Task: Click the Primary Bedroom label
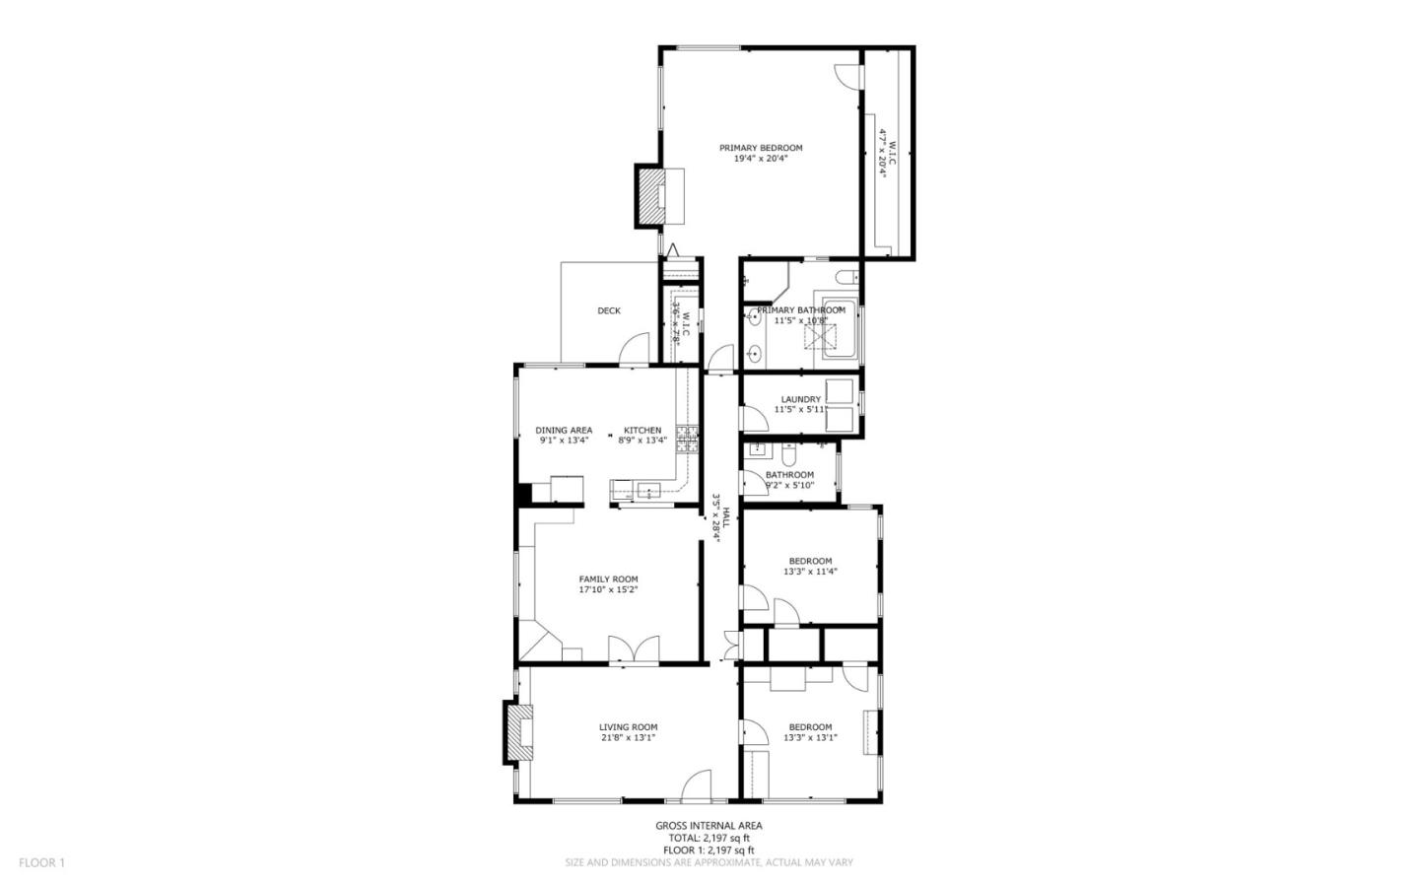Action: [x=760, y=148]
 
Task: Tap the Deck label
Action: [x=609, y=311]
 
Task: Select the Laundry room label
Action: [x=800, y=399]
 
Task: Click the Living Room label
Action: [x=628, y=727]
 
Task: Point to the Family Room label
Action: [x=608, y=579]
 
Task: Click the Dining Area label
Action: [x=564, y=430]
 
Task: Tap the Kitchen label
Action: [x=642, y=430]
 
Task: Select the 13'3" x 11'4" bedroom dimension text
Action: [x=810, y=572]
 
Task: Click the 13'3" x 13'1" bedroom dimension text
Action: [x=810, y=737]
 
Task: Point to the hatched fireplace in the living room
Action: [x=516, y=732]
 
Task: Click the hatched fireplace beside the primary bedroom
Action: [x=650, y=196]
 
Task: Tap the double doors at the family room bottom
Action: [x=634, y=649]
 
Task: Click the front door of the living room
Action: [x=696, y=785]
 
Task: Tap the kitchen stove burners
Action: [x=687, y=440]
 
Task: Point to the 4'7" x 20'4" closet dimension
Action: [x=884, y=153]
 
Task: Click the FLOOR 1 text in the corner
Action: [x=41, y=862]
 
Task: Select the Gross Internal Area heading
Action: [x=709, y=826]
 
